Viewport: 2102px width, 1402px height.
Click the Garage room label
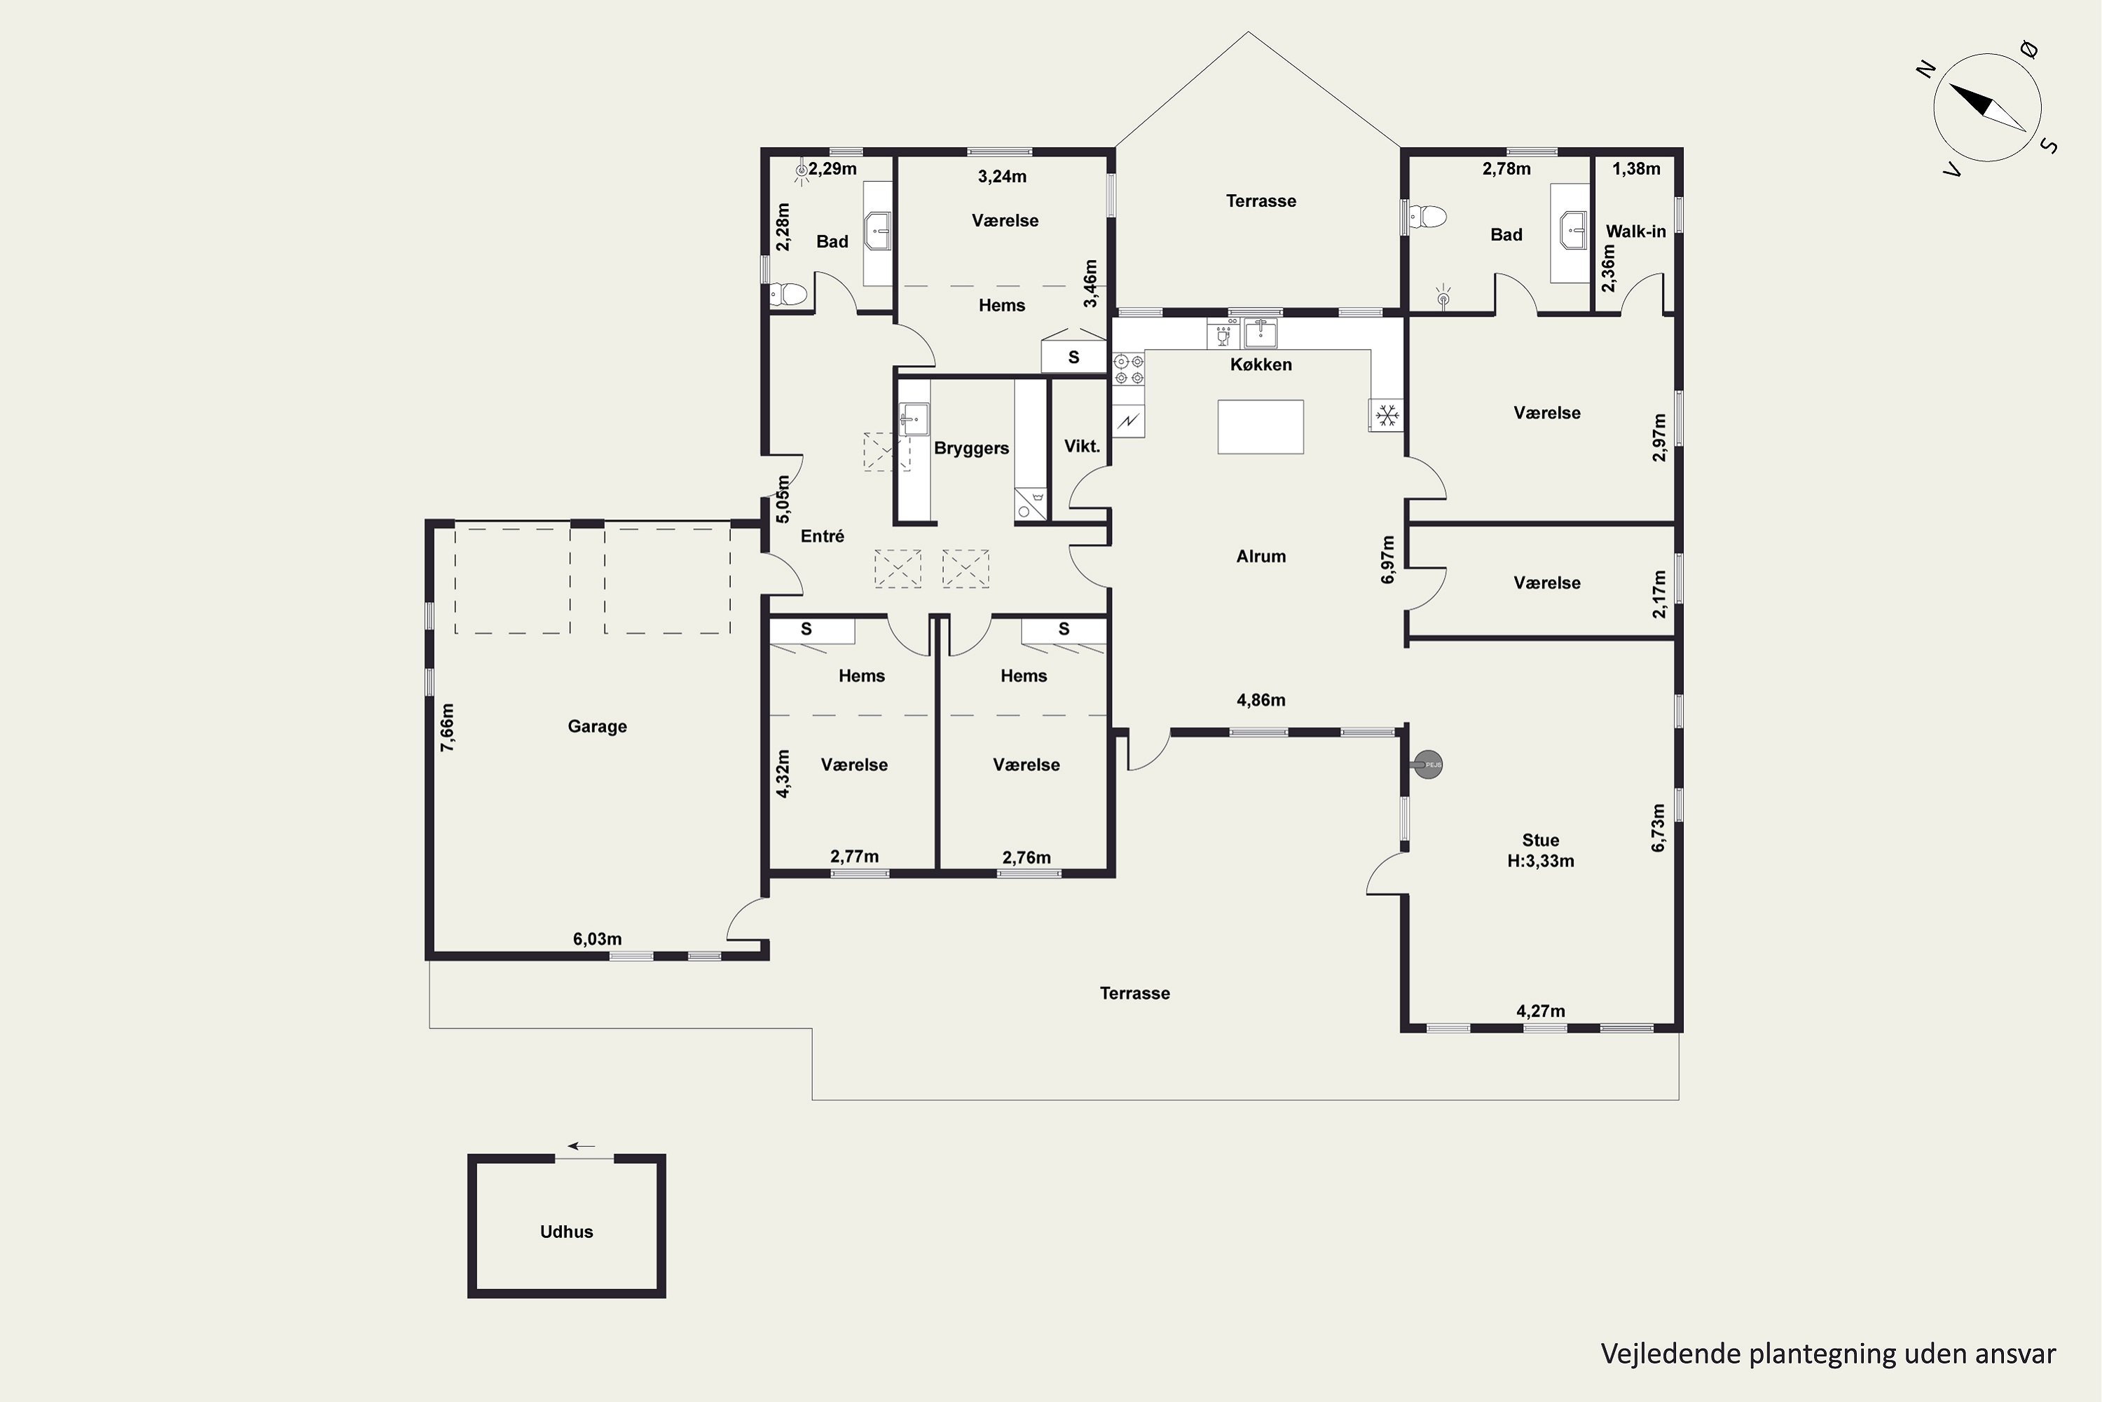click(x=597, y=726)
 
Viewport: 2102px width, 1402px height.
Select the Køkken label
click(x=1261, y=364)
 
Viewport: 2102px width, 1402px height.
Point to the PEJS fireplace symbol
click(x=1427, y=765)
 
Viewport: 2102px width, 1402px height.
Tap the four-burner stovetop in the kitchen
click(x=1129, y=369)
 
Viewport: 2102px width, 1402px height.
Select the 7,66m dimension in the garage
click(x=447, y=727)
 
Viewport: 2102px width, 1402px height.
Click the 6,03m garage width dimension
click(x=597, y=939)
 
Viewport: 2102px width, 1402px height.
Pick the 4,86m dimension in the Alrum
click(x=1261, y=700)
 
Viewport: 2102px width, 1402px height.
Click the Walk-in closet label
click(x=1635, y=231)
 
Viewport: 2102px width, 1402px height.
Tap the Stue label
click(x=1541, y=840)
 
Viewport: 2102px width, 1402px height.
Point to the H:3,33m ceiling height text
click(x=1541, y=861)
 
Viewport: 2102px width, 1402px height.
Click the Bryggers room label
click(x=971, y=448)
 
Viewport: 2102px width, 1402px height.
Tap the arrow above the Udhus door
click(x=582, y=1145)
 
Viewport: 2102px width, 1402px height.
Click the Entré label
click(x=822, y=536)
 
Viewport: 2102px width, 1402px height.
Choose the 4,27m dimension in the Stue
click(x=1541, y=1012)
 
